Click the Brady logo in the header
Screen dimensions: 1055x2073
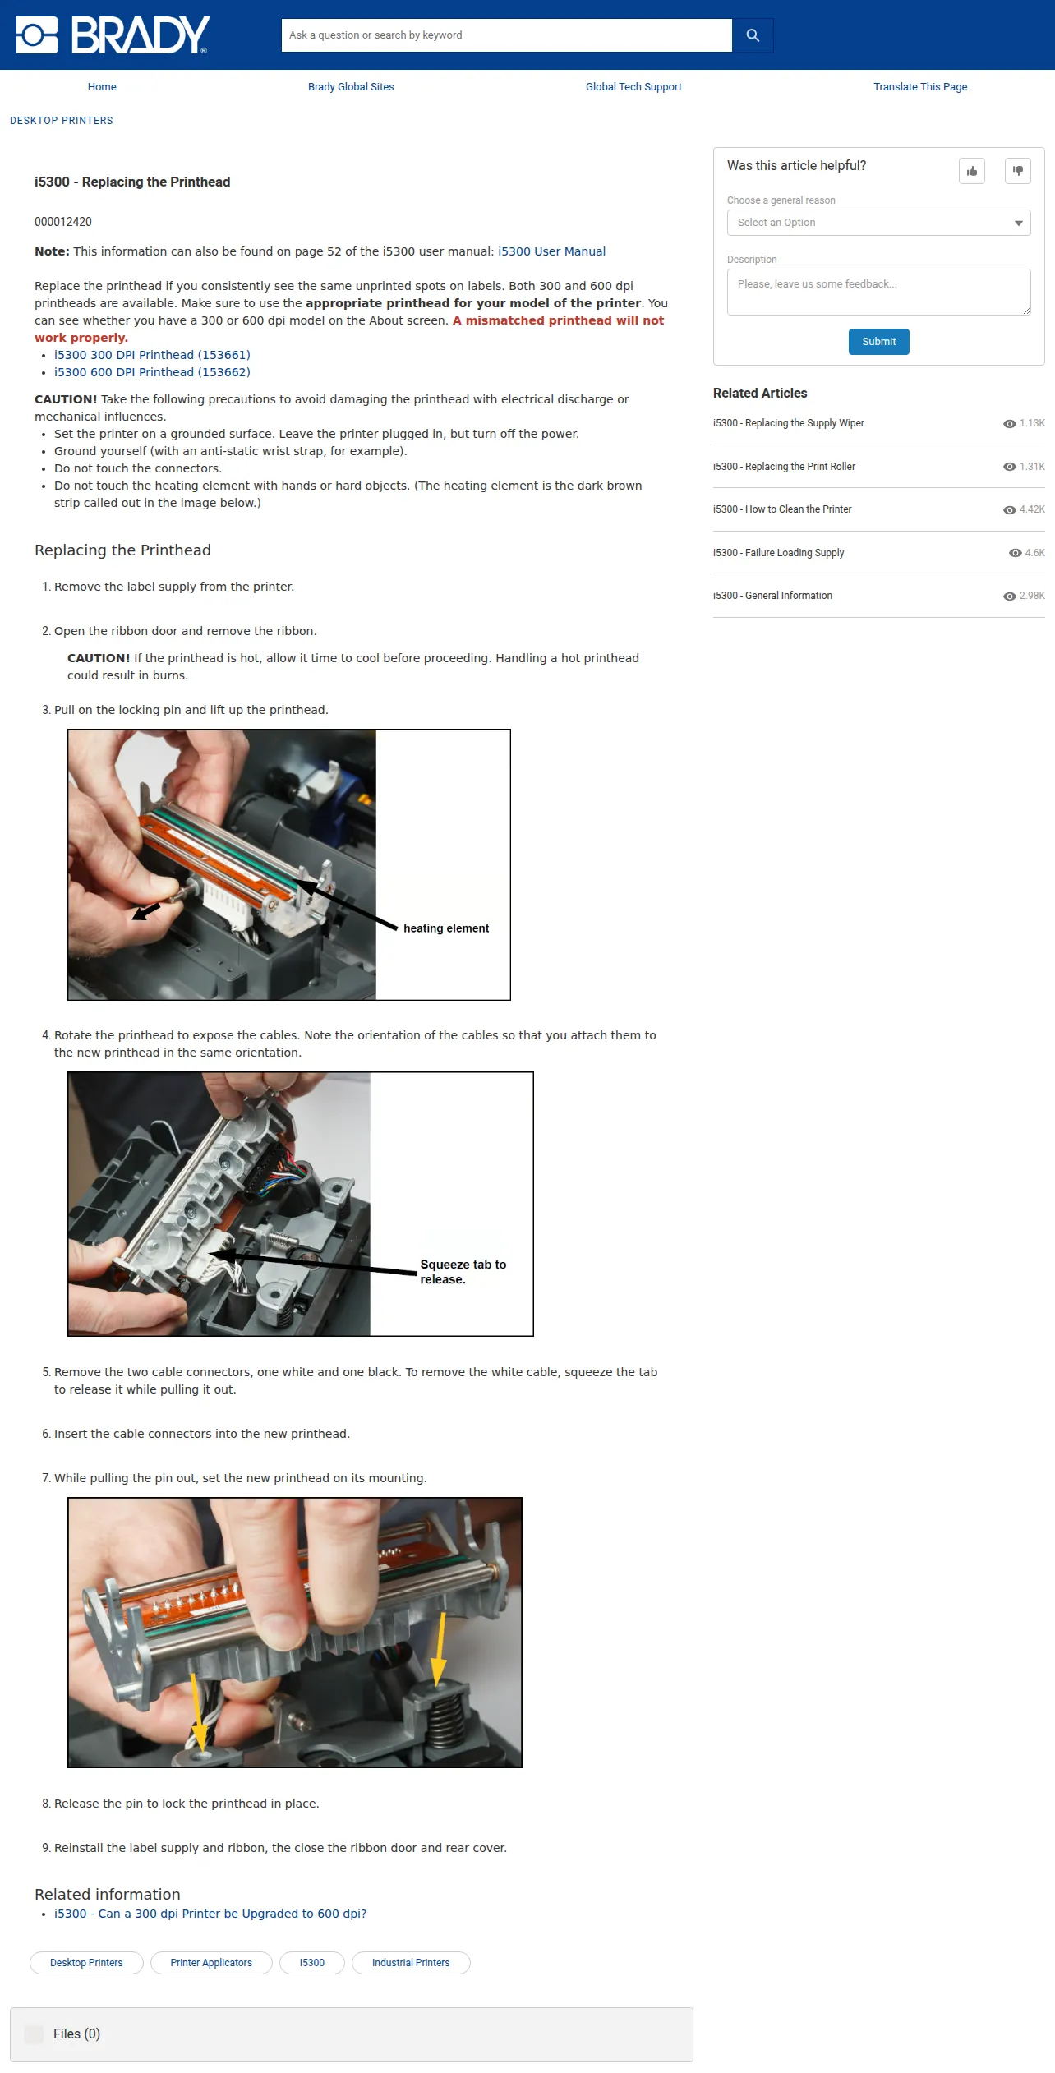click(x=113, y=35)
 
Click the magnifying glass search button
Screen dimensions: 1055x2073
click(x=753, y=35)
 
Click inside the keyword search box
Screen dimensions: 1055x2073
click(x=506, y=35)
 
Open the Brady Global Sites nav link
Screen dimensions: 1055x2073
click(x=351, y=87)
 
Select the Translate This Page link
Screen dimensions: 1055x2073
click(x=920, y=87)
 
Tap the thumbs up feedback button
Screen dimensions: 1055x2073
click(x=972, y=171)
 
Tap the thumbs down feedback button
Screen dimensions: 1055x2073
click(x=1018, y=171)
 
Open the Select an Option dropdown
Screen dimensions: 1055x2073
click(x=878, y=223)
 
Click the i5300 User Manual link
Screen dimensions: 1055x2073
click(x=551, y=251)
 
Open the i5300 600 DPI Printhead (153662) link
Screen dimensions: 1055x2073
click(x=152, y=372)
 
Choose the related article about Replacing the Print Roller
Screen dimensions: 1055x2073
click(x=784, y=467)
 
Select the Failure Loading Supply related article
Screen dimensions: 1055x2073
click(x=778, y=553)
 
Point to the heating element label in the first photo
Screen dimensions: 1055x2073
click(x=446, y=928)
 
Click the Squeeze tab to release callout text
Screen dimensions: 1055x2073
click(x=463, y=1272)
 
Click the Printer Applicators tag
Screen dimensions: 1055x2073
click(x=211, y=1963)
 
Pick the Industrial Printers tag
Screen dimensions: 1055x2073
click(x=411, y=1963)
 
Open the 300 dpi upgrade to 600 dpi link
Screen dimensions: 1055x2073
click(x=210, y=1914)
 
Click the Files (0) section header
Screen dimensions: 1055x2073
click(x=76, y=2034)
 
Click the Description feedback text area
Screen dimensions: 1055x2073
click(x=878, y=292)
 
